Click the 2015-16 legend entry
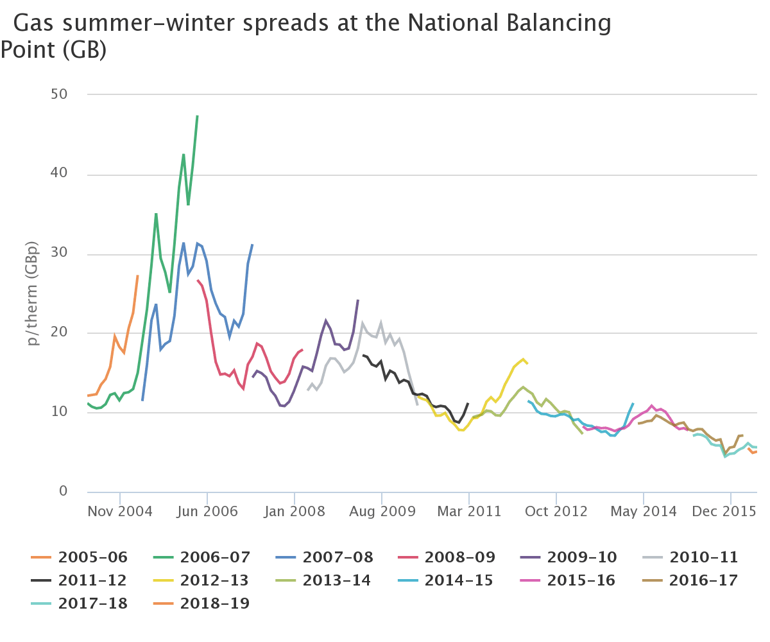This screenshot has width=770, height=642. click(x=581, y=581)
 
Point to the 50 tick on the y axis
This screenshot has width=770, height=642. click(x=59, y=94)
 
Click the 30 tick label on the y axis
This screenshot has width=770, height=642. click(x=59, y=254)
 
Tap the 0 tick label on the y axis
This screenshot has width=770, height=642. click(x=63, y=492)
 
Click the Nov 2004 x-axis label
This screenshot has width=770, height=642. click(x=120, y=512)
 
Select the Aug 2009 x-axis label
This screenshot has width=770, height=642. click(x=382, y=512)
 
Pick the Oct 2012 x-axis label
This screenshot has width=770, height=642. click(x=556, y=512)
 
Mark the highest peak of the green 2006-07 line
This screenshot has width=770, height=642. click(x=197, y=116)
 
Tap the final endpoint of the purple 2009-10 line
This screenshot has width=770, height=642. click(x=358, y=300)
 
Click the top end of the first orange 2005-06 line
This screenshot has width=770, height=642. click(x=137, y=275)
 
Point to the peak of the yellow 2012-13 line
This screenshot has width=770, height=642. click(x=523, y=359)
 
